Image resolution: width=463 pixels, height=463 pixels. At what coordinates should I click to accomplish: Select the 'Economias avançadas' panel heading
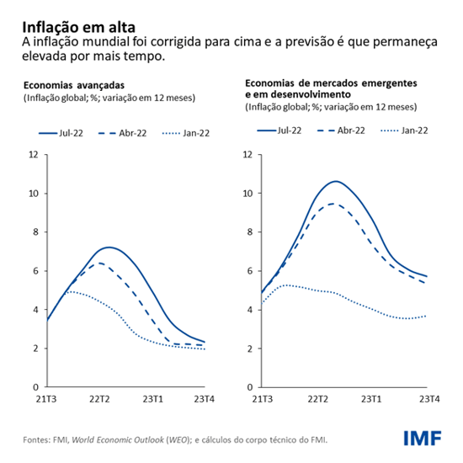(74, 85)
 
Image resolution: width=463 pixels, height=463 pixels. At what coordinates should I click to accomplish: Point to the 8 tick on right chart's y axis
(247, 232)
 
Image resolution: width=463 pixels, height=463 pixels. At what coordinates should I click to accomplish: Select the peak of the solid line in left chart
(109, 247)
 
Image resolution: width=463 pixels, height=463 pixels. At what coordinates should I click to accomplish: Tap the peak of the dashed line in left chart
(99, 263)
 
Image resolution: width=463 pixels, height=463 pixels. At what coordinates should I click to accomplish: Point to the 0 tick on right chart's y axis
(247, 387)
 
